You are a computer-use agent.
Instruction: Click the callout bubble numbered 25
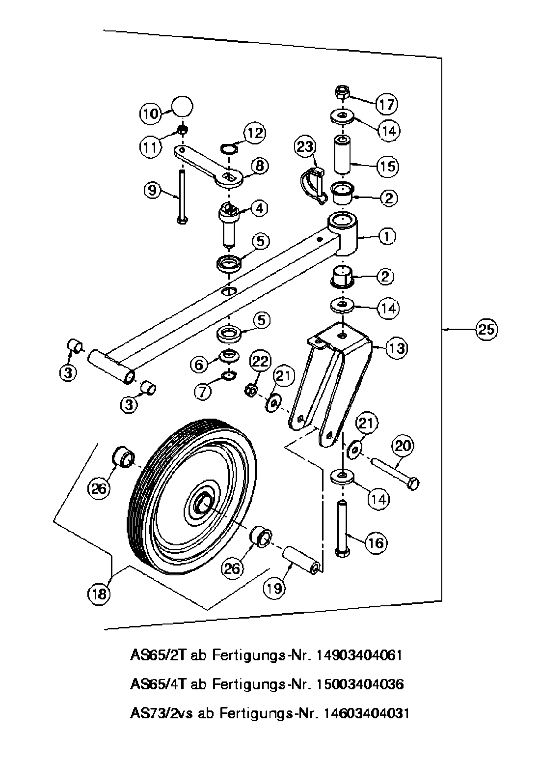[486, 330]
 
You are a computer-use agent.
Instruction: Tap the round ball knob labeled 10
[182, 106]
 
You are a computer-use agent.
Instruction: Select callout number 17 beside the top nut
[387, 104]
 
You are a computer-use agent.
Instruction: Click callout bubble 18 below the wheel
[99, 594]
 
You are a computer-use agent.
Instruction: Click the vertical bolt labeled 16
[343, 528]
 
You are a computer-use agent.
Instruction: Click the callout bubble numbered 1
[387, 236]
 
